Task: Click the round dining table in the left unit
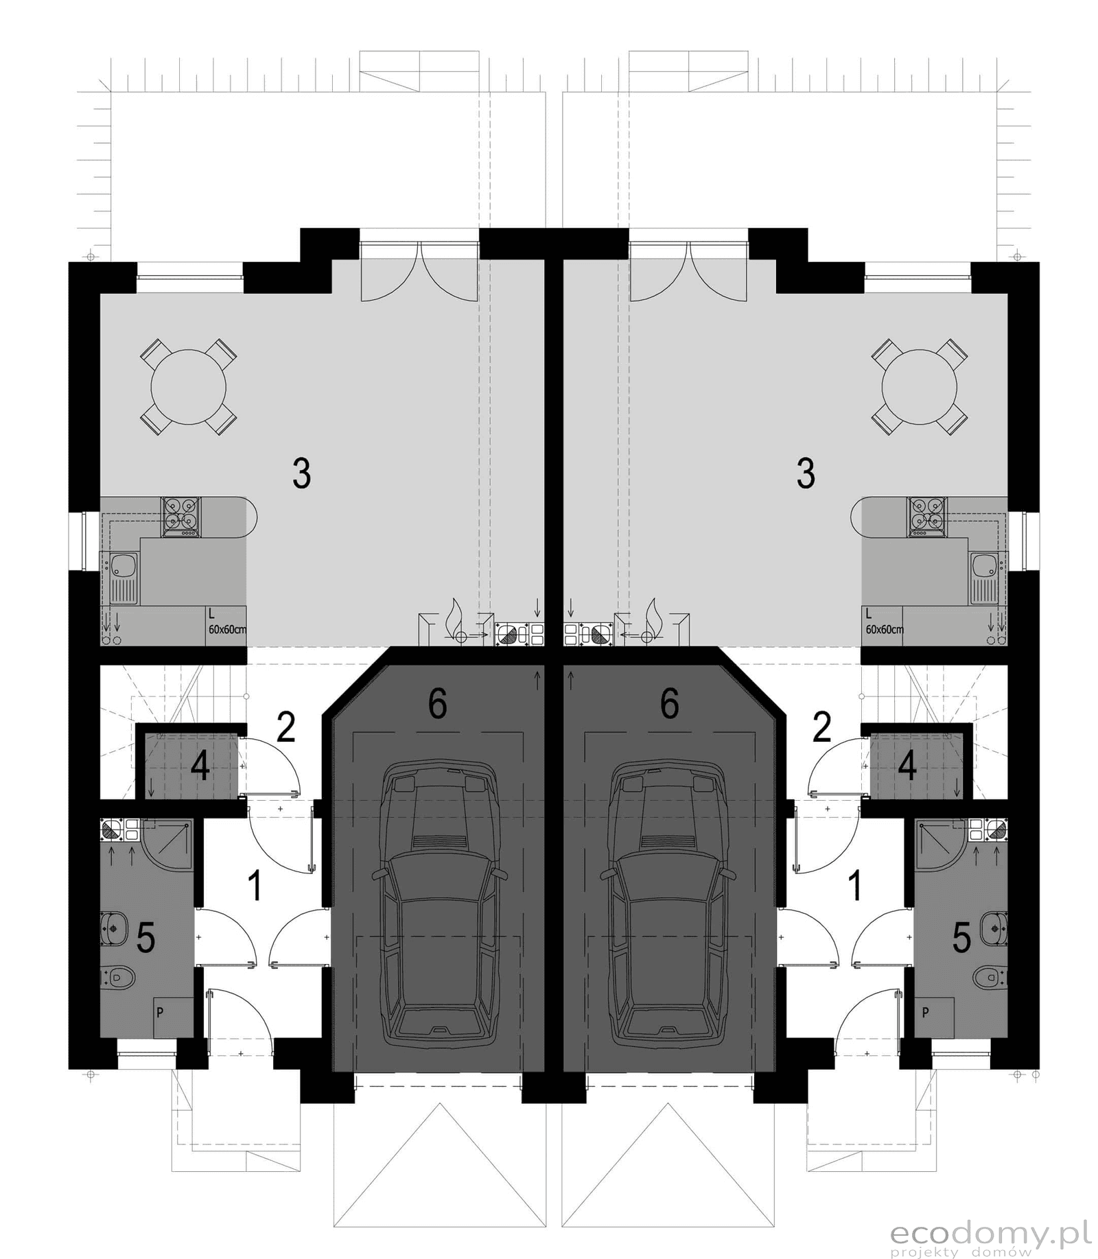point(188,386)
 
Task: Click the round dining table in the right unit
point(920,386)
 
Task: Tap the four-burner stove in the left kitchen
point(181,517)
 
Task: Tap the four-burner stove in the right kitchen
point(927,517)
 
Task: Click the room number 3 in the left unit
point(302,473)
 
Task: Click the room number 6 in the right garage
point(669,703)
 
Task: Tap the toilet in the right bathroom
point(990,975)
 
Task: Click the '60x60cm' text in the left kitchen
point(227,628)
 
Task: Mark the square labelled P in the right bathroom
point(934,1017)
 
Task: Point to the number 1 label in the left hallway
point(255,886)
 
